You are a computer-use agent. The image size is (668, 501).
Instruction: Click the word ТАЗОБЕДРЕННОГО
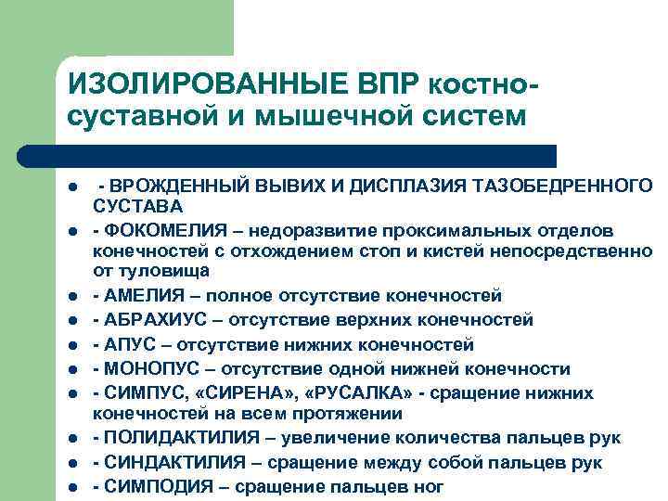point(572,187)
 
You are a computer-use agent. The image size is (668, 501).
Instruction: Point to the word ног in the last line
point(426,486)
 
